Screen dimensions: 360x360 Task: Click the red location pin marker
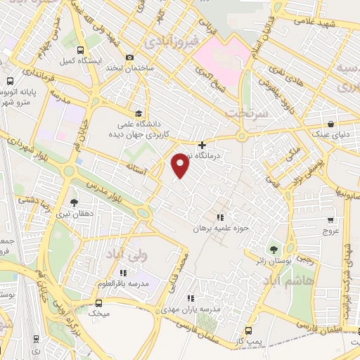(181, 165)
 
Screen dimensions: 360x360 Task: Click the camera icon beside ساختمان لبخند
(129, 58)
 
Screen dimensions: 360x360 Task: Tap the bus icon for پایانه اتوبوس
(11, 81)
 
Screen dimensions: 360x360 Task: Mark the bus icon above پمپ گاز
(247, 329)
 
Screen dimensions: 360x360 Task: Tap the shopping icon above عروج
(330, 219)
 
